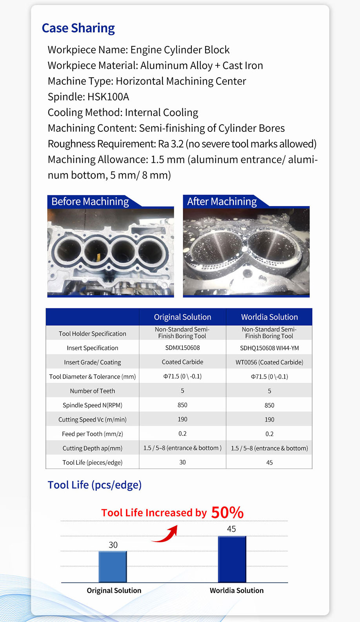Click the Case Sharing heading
[78, 28]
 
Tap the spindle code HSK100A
[108, 97]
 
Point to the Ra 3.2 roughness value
[171, 144]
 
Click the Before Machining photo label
[90, 202]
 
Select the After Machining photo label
[222, 202]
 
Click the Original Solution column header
[182, 317]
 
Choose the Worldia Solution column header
[269, 317]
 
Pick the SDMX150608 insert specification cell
[182, 348]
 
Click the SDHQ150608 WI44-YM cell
[269, 348]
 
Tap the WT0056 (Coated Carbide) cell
[269, 362]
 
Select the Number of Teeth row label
[93, 391]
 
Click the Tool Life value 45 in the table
[269, 463]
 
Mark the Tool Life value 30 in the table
[182, 462]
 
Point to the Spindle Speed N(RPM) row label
[93, 405]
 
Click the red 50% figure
[227, 513]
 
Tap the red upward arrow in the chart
[166, 534]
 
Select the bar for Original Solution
[113, 567]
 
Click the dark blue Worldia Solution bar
[232, 559]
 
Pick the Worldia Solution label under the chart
[236, 591]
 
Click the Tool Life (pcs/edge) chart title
[95, 485]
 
